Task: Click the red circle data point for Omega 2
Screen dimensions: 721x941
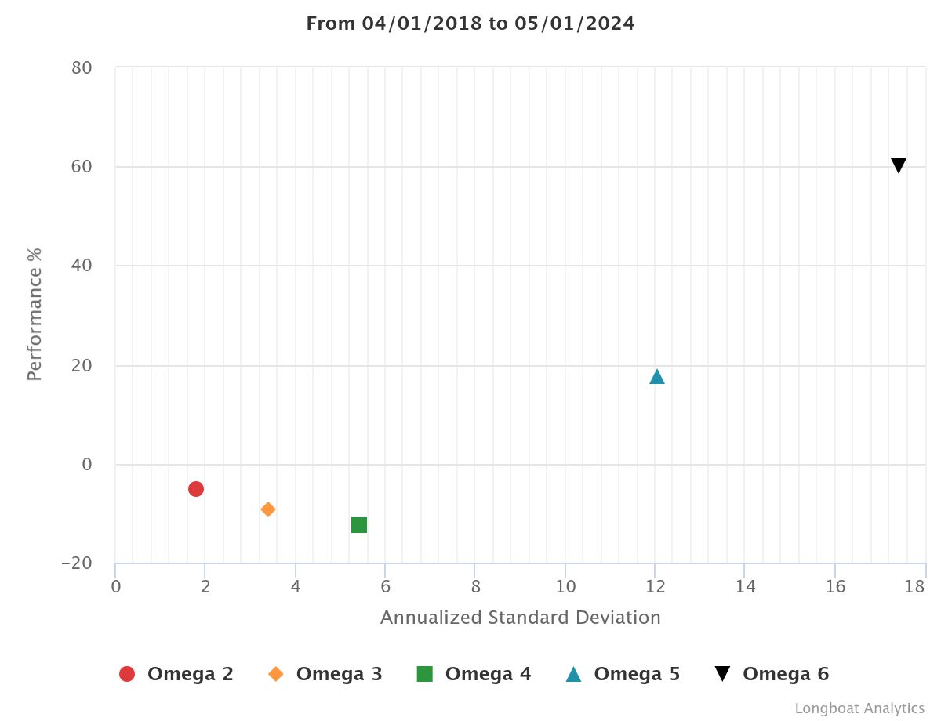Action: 196,489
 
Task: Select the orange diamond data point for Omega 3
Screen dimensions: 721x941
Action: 268,509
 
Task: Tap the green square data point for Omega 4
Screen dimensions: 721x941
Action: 359,525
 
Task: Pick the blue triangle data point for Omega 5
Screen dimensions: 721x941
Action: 657,377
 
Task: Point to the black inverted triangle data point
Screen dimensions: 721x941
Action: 899,165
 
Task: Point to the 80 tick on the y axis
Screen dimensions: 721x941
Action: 82,68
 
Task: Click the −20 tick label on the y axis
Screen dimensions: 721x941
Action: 76,564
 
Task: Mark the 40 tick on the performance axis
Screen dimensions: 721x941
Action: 82,266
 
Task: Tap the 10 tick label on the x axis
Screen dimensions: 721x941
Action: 565,586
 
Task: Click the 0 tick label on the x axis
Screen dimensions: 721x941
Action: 116,586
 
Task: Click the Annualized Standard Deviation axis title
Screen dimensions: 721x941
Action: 521,618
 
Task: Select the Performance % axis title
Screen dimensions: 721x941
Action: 35,314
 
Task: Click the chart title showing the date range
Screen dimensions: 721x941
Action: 470,24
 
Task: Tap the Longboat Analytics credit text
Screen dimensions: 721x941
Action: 859,708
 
